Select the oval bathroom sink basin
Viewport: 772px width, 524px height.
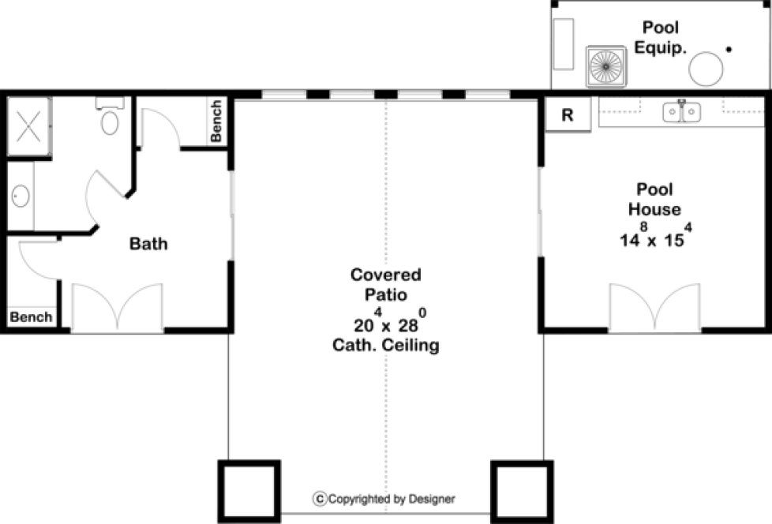click(x=19, y=196)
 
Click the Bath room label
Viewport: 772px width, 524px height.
click(x=148, y=244)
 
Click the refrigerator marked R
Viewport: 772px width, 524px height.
click(x=567, y=114)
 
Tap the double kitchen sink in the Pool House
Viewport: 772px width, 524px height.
click(x=681, y=112)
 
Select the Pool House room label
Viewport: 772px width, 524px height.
click(x=654, y=200)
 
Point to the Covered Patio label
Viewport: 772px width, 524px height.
click(x=386, y=285)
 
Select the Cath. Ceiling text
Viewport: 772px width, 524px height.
click(x=386, y=345)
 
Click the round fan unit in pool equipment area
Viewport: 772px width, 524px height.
click(x=605, y=67)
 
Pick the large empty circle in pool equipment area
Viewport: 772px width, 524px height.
click(x=706, y=69)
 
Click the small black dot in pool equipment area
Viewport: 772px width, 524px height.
click(x=729, y=50)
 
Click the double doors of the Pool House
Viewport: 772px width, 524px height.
click(x=654, y=308)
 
